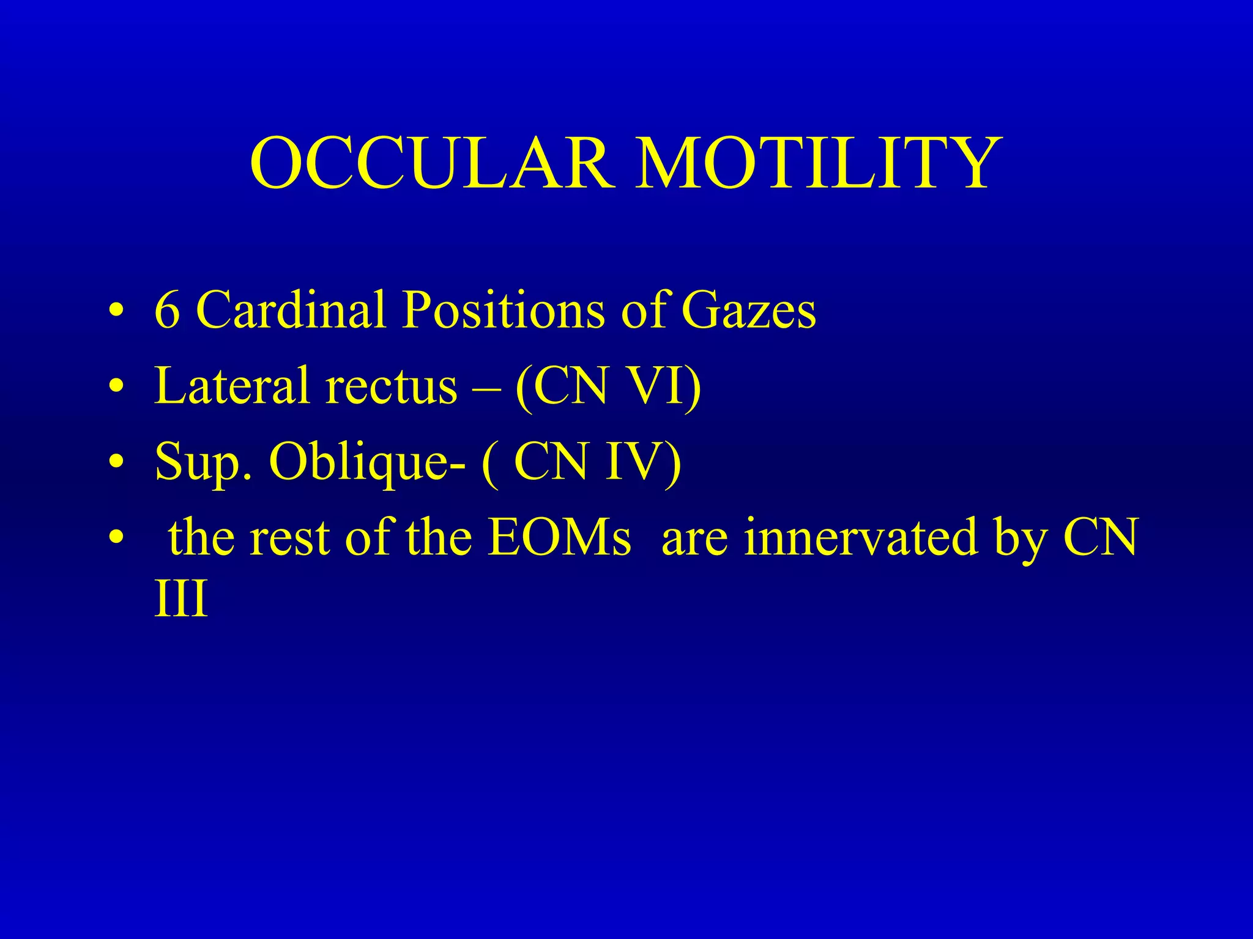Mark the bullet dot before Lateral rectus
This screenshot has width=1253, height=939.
(116, 386)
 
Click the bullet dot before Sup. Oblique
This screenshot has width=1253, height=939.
(116, 462)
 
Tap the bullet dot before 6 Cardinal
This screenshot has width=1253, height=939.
(116, 311)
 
